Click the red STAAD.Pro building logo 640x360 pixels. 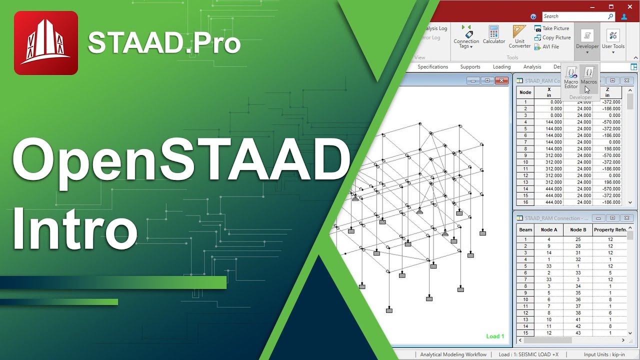click(x=46, y=43)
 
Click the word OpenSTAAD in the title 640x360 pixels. click(x=180, y=161)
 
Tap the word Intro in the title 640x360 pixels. click(x=75, y=227)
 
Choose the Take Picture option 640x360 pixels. click(x=552, y=28)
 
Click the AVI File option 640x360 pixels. click(x=547, y=46)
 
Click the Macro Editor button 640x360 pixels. click(x=571, y=77)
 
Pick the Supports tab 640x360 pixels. click(x=470, y=66)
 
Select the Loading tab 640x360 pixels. click(x=501, y=66)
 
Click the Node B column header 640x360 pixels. click(x=578, y=230)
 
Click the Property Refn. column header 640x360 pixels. click(x=609, y=230)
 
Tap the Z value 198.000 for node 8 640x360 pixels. click(x=607, y=149)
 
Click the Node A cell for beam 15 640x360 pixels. click(x=548, y=333)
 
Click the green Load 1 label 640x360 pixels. click(x=495, y=336)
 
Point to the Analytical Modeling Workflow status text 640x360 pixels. click(x=453, y=354)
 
